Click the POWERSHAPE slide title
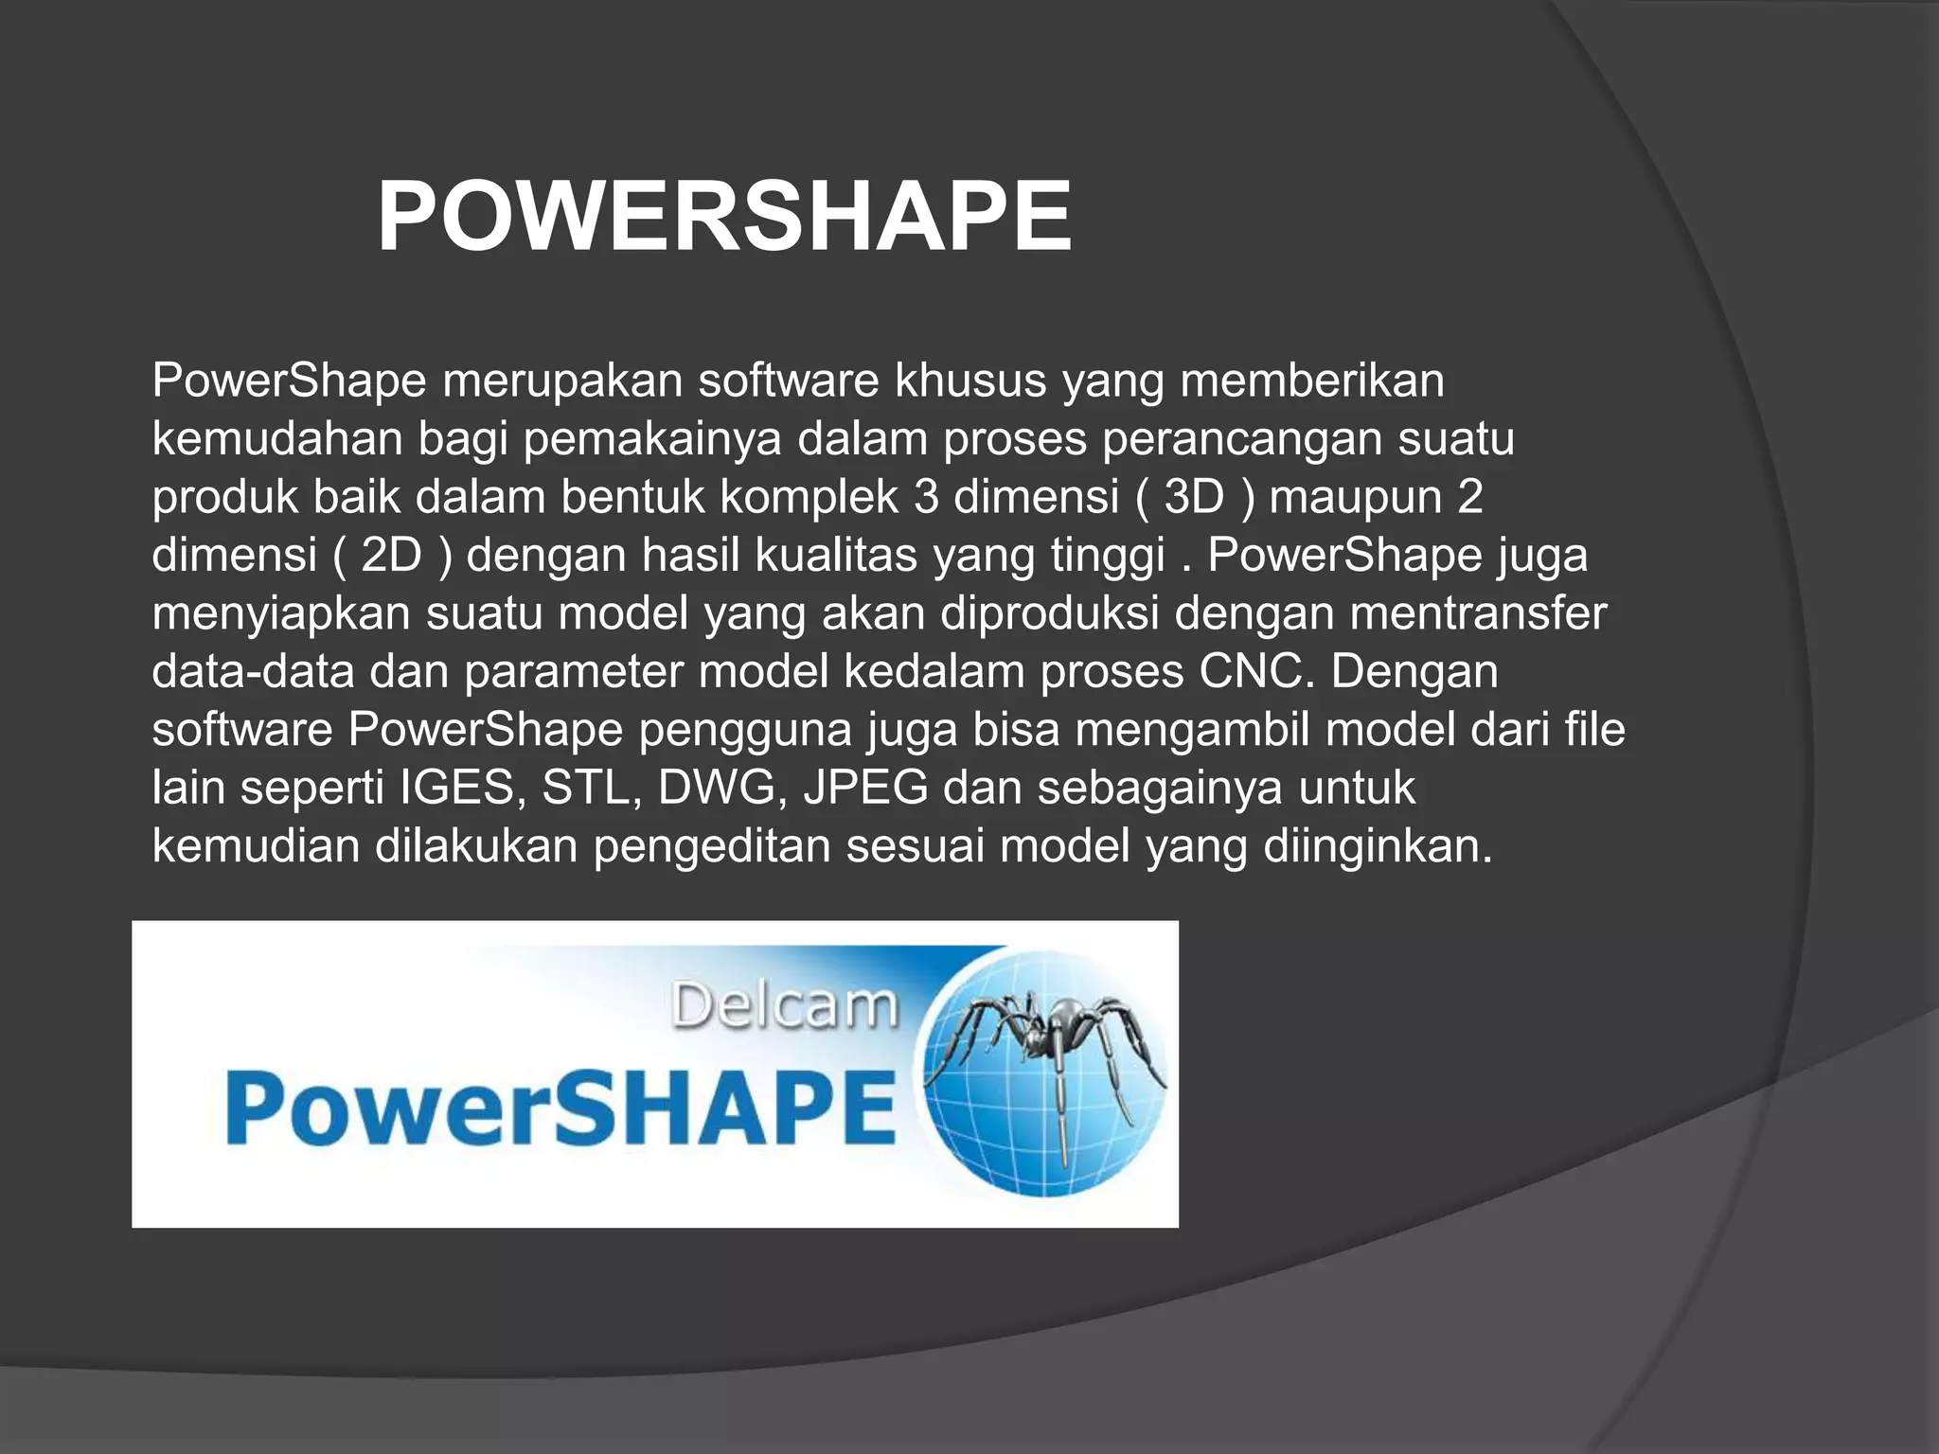[724, 218]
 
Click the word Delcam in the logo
[784, 1005]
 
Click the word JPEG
[865, 788]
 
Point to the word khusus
[970, 381]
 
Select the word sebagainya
[1160, 788]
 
